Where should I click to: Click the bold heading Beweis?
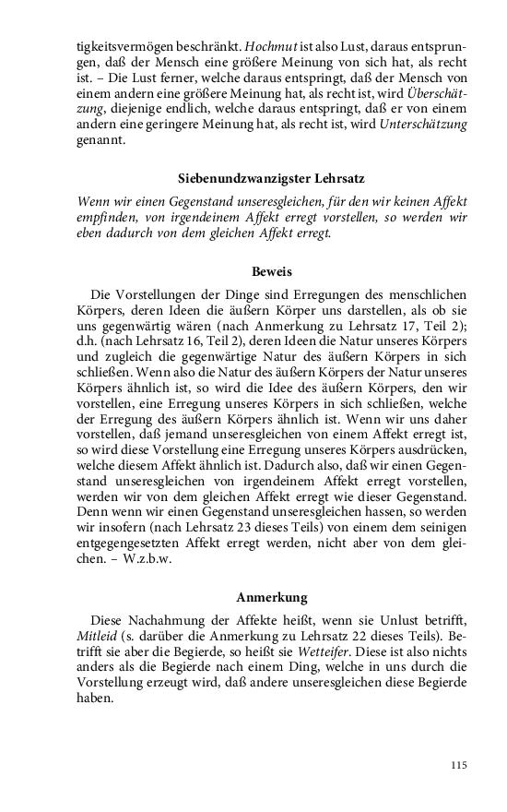pyautogui.click(x=272, y=272)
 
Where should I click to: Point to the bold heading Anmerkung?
pyautogui.click(x=272, y=597)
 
